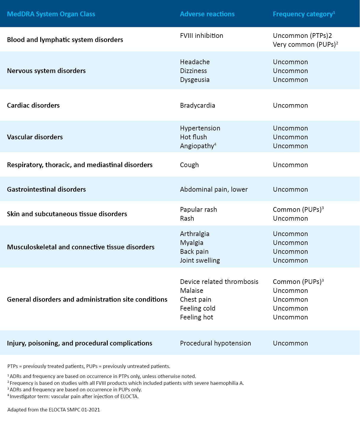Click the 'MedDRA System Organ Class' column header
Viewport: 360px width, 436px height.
(x=51, y=14)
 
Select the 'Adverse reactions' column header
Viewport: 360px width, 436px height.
(x=207, y=14)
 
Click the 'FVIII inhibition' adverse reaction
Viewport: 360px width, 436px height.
(x=201, y=36)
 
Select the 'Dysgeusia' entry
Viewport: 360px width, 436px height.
(x=195, y=80)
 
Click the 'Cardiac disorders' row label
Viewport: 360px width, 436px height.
(x=33, y=106)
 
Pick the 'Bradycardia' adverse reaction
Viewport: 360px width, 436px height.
(x=197, y=106)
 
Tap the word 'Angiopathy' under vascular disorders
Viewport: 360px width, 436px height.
(x=197, y=146)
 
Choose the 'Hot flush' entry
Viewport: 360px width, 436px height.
(x=193, y=137)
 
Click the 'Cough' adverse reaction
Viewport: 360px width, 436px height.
(x=189, y=165)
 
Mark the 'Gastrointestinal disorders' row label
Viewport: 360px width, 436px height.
(x=46, y=190)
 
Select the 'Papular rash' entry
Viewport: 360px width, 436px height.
(x=198, y=210)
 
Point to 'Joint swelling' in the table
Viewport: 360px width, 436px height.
(x=200, y=261)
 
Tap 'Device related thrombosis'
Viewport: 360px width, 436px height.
(x=219, y=282)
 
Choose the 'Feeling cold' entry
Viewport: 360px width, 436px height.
(x=198, y=309)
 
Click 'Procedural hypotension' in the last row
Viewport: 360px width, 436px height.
(x=215, y=343)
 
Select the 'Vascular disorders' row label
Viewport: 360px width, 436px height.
(x=35, y=137)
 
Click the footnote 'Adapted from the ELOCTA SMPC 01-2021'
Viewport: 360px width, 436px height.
(x=54, y=410)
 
